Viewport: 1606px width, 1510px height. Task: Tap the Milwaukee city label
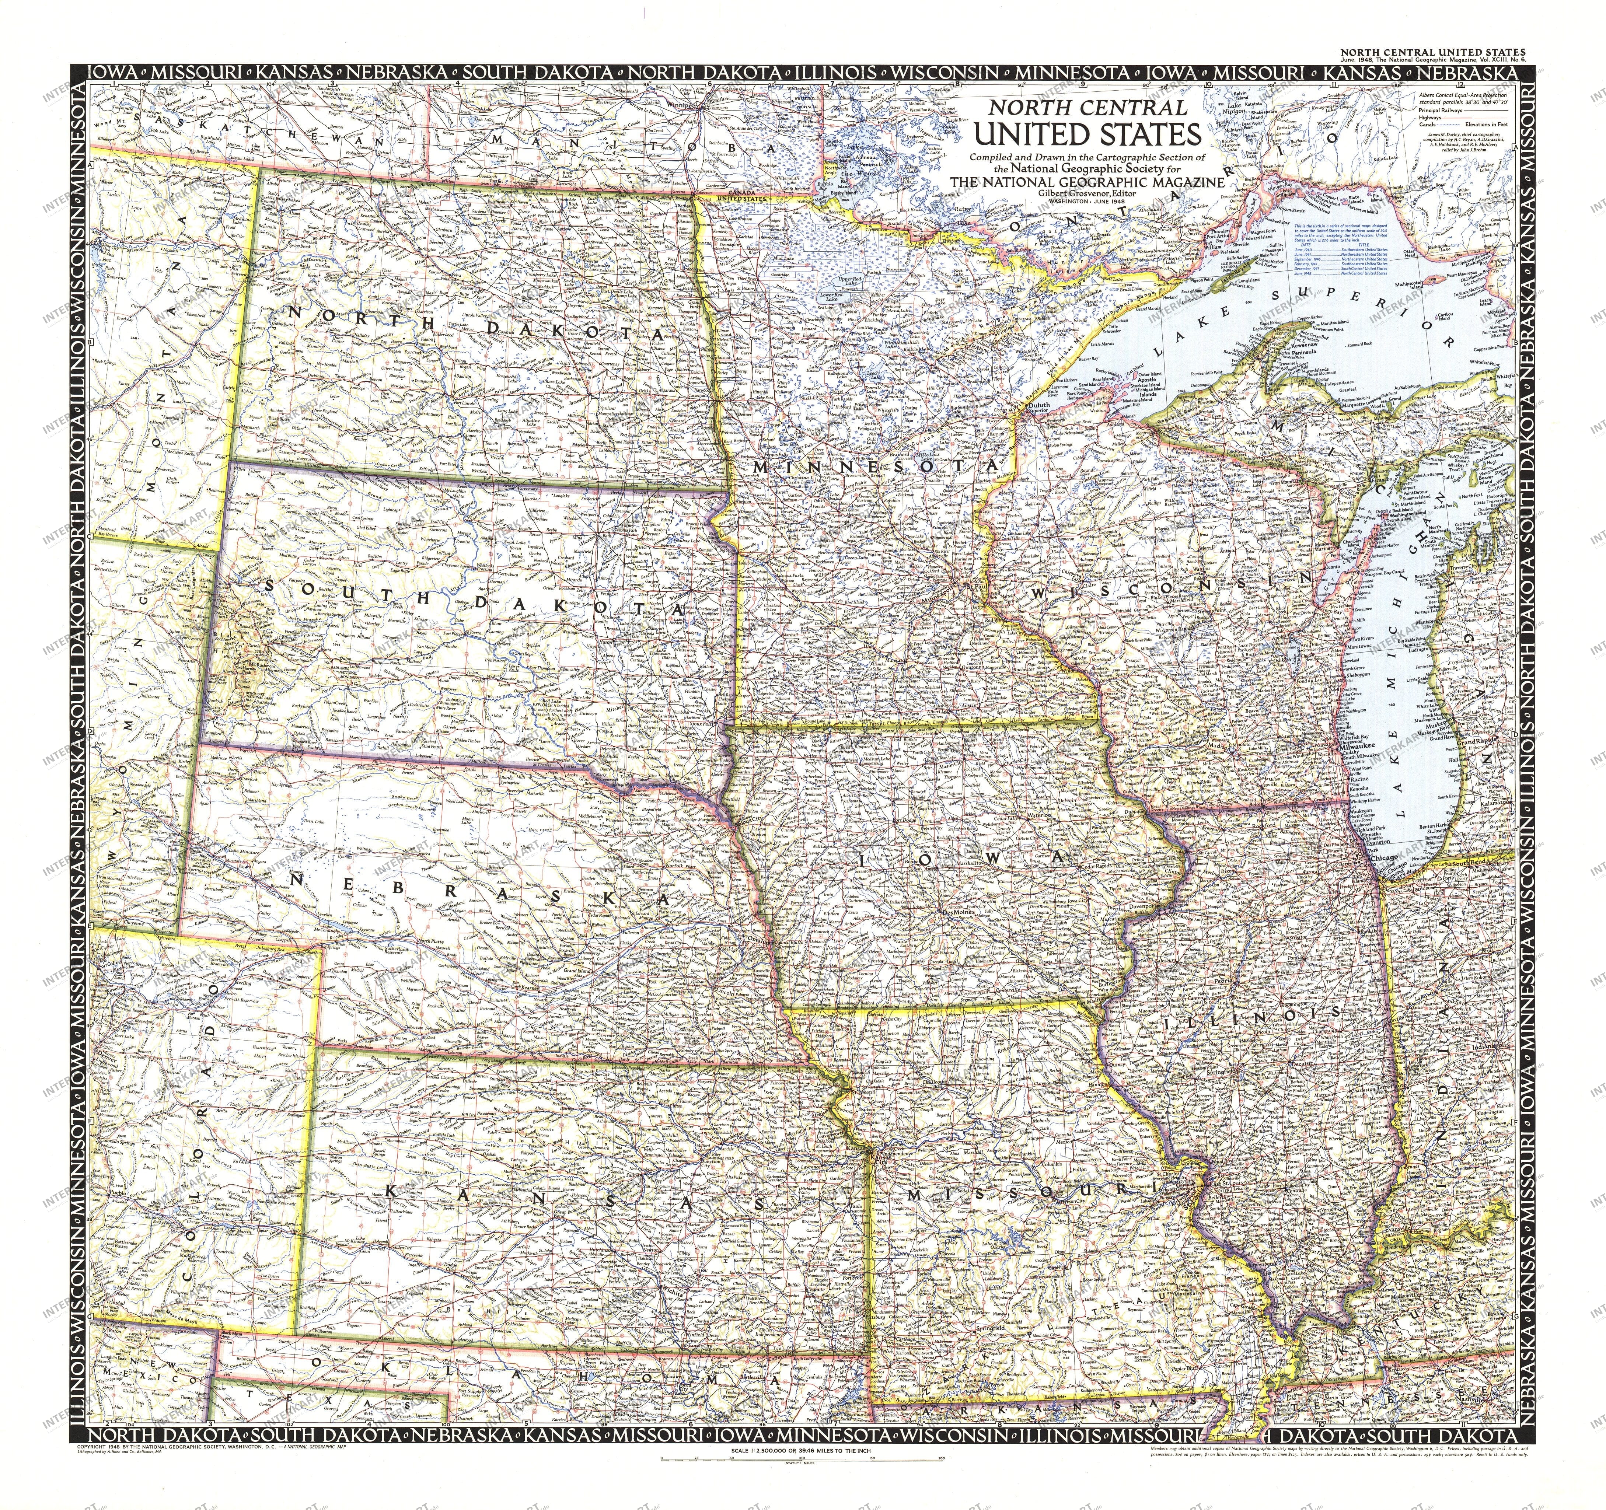point(1359,747)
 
